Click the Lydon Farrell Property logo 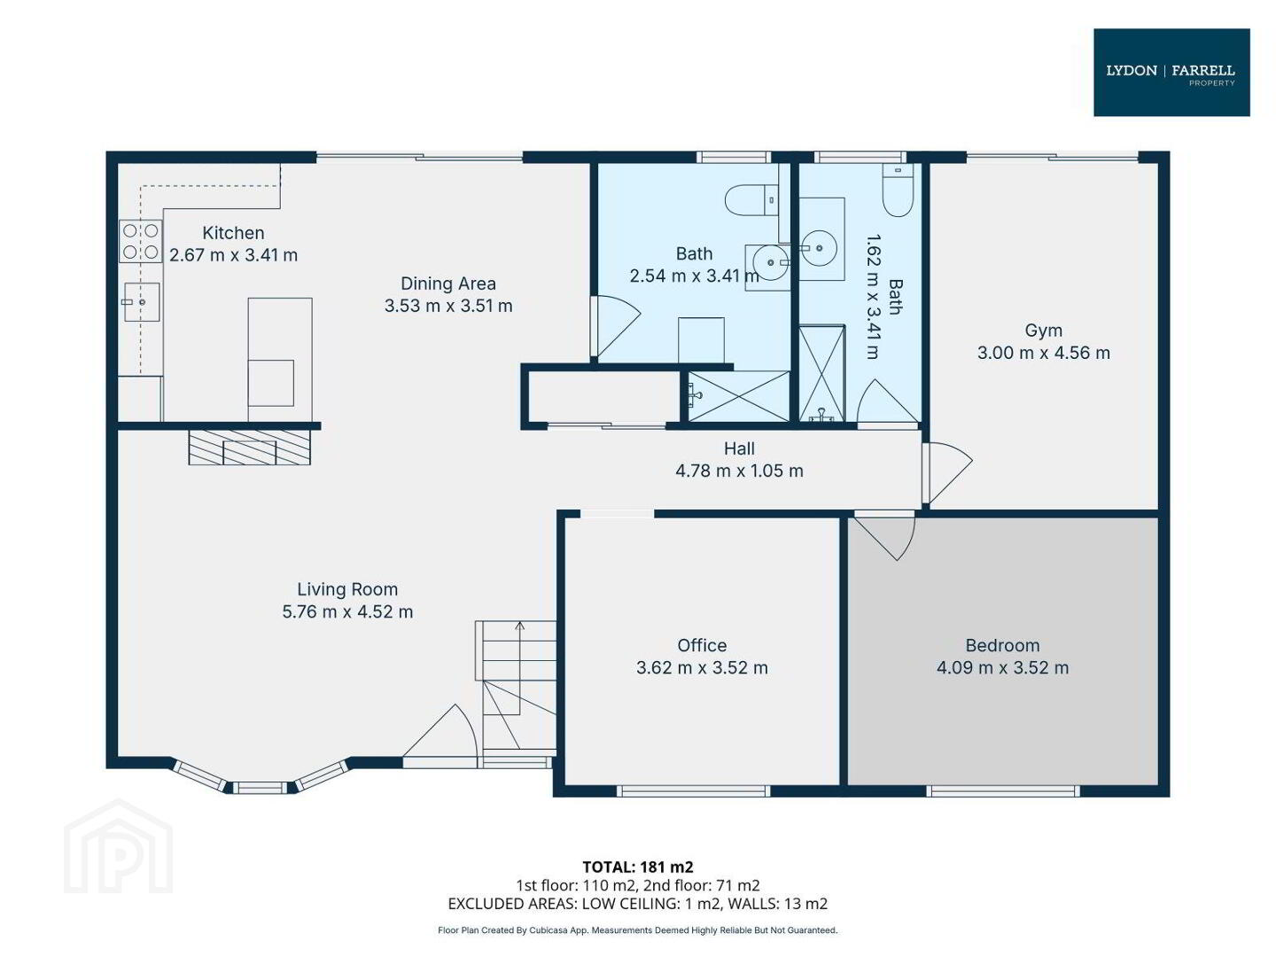[x=1171, y=72]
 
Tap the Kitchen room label [x=233, y=233]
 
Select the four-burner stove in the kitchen [x=140, y=241]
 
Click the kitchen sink [x=141, y=301]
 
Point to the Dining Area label [x=448, y=284]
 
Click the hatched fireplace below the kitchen [x=249, y=447]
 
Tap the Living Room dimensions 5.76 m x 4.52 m [x=347, y=611]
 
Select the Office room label [x=702, y=645]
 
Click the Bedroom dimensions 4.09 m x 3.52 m [x=1002, y=667]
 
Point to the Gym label [x=1044, y=331]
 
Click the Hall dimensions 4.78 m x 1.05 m [x=739, y=471]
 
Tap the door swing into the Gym [x=947, y=473]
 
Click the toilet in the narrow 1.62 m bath [x=898, y=190]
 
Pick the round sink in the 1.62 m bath [x=819, y=248]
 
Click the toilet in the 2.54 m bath [x=751, y=200]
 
